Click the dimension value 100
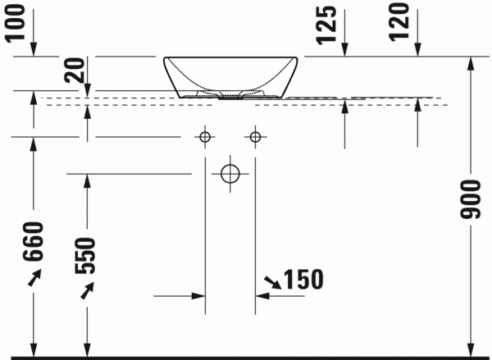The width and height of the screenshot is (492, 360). coord(16,22)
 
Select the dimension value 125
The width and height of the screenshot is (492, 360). coord(326,25)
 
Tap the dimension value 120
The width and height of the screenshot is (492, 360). coord(399,21)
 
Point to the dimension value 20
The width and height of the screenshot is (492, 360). coord(75,71)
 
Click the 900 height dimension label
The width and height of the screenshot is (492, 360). coord(470,199)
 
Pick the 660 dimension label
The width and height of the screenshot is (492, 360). coord(32,241)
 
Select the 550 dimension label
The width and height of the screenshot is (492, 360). coord(85,256)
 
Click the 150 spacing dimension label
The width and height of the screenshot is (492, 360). coord(303,279)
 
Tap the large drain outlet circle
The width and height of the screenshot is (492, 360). coord(230,174)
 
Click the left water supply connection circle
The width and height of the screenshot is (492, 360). coord(205,137)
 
